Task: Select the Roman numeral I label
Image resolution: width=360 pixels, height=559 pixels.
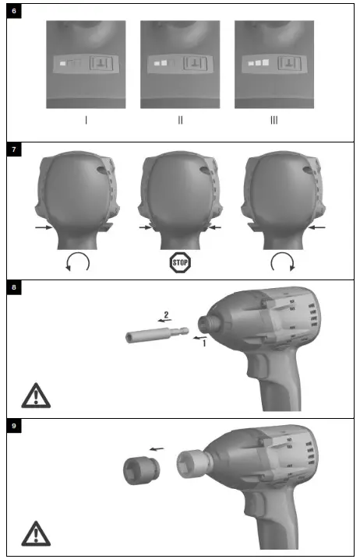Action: coord(86,120)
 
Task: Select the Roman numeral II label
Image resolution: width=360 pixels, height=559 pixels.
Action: coord(180,120)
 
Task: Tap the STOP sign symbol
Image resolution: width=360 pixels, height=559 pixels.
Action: coord(180,262)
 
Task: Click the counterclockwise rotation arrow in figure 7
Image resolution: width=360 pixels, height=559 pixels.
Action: coord(79,262)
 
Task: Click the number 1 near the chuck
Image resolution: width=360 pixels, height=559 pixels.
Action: coord(205,343)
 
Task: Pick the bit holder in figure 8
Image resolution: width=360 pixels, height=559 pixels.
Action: coord(156,336)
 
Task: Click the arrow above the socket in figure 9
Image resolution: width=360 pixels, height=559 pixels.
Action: coord(157,449)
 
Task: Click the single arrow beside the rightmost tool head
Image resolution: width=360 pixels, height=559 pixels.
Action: coord(316,228)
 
